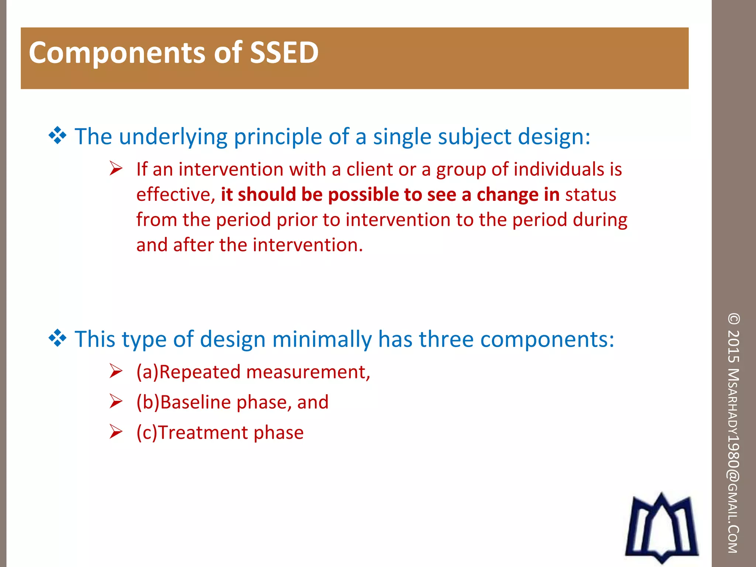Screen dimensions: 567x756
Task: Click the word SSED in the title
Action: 284,52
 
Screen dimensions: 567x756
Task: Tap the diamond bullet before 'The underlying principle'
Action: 58,135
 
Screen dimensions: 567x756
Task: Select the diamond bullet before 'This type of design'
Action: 58,338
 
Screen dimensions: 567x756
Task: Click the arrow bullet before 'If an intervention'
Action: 116,169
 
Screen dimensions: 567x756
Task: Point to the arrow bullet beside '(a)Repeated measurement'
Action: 116,371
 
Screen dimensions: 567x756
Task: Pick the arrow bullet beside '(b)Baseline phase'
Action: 116,401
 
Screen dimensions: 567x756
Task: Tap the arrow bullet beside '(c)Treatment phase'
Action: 116,432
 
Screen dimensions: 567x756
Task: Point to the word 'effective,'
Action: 176,195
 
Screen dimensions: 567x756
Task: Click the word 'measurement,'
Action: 308,372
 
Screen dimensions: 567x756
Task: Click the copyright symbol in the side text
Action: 733,319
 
